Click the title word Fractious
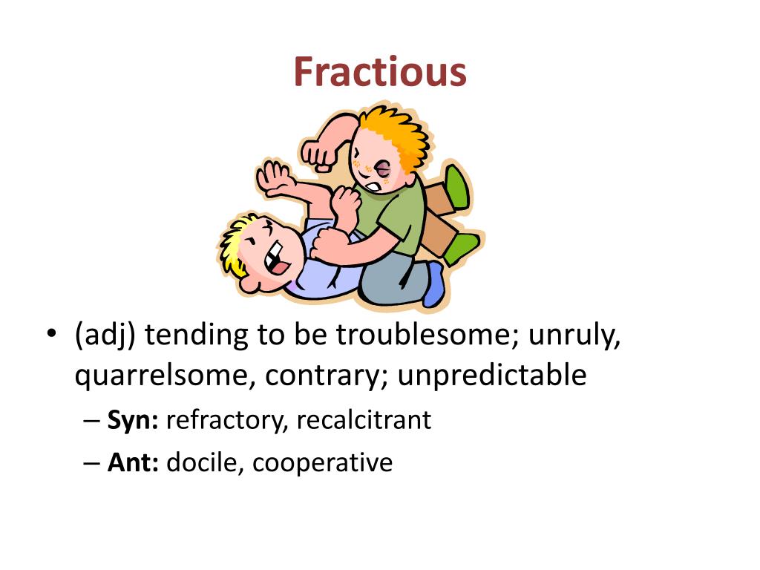tap(380, 73)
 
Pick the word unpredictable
tap(492, 376)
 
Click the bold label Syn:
tap(134, 420)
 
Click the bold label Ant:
tap(134, 463)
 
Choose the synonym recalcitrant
tap(364, 420)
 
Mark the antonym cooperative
tap(322, 463)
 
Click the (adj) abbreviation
tap(105, 335)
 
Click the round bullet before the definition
tap(49, 334)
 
